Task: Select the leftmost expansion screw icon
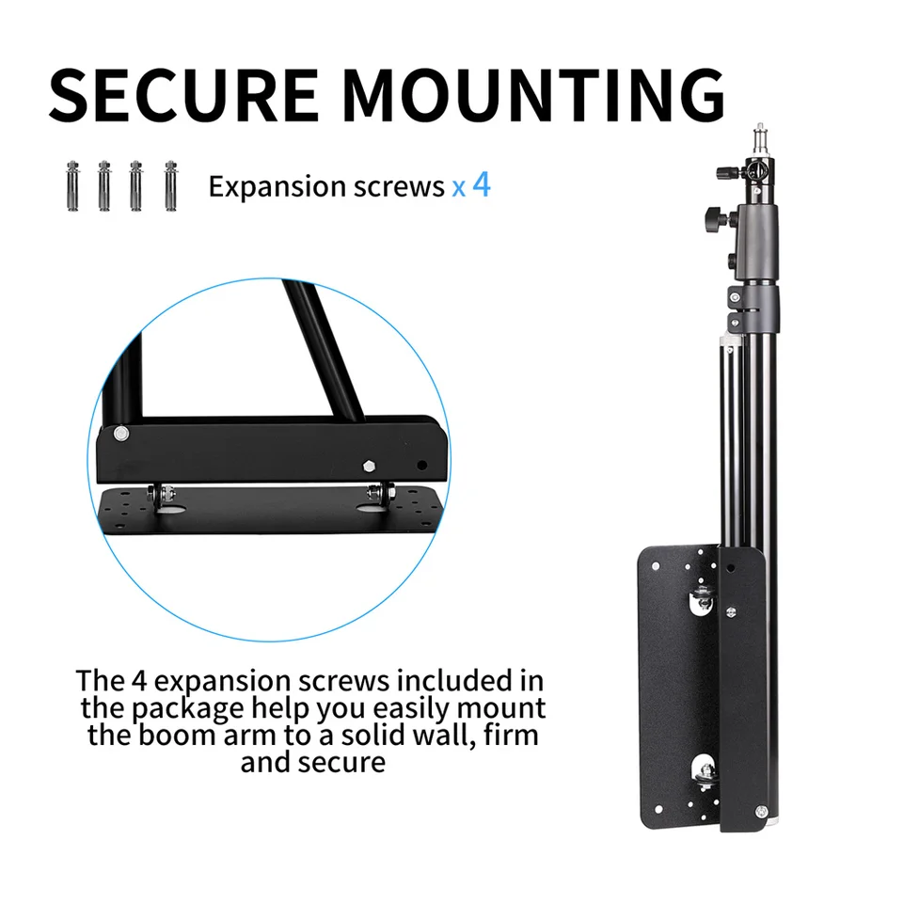point(71,185)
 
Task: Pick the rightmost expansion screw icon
point(170,185)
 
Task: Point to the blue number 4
point(482,183)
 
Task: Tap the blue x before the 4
point(458,187)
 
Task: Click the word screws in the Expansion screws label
point(401,186)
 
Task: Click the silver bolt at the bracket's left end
point(122,434)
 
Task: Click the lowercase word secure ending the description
point(341,761)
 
